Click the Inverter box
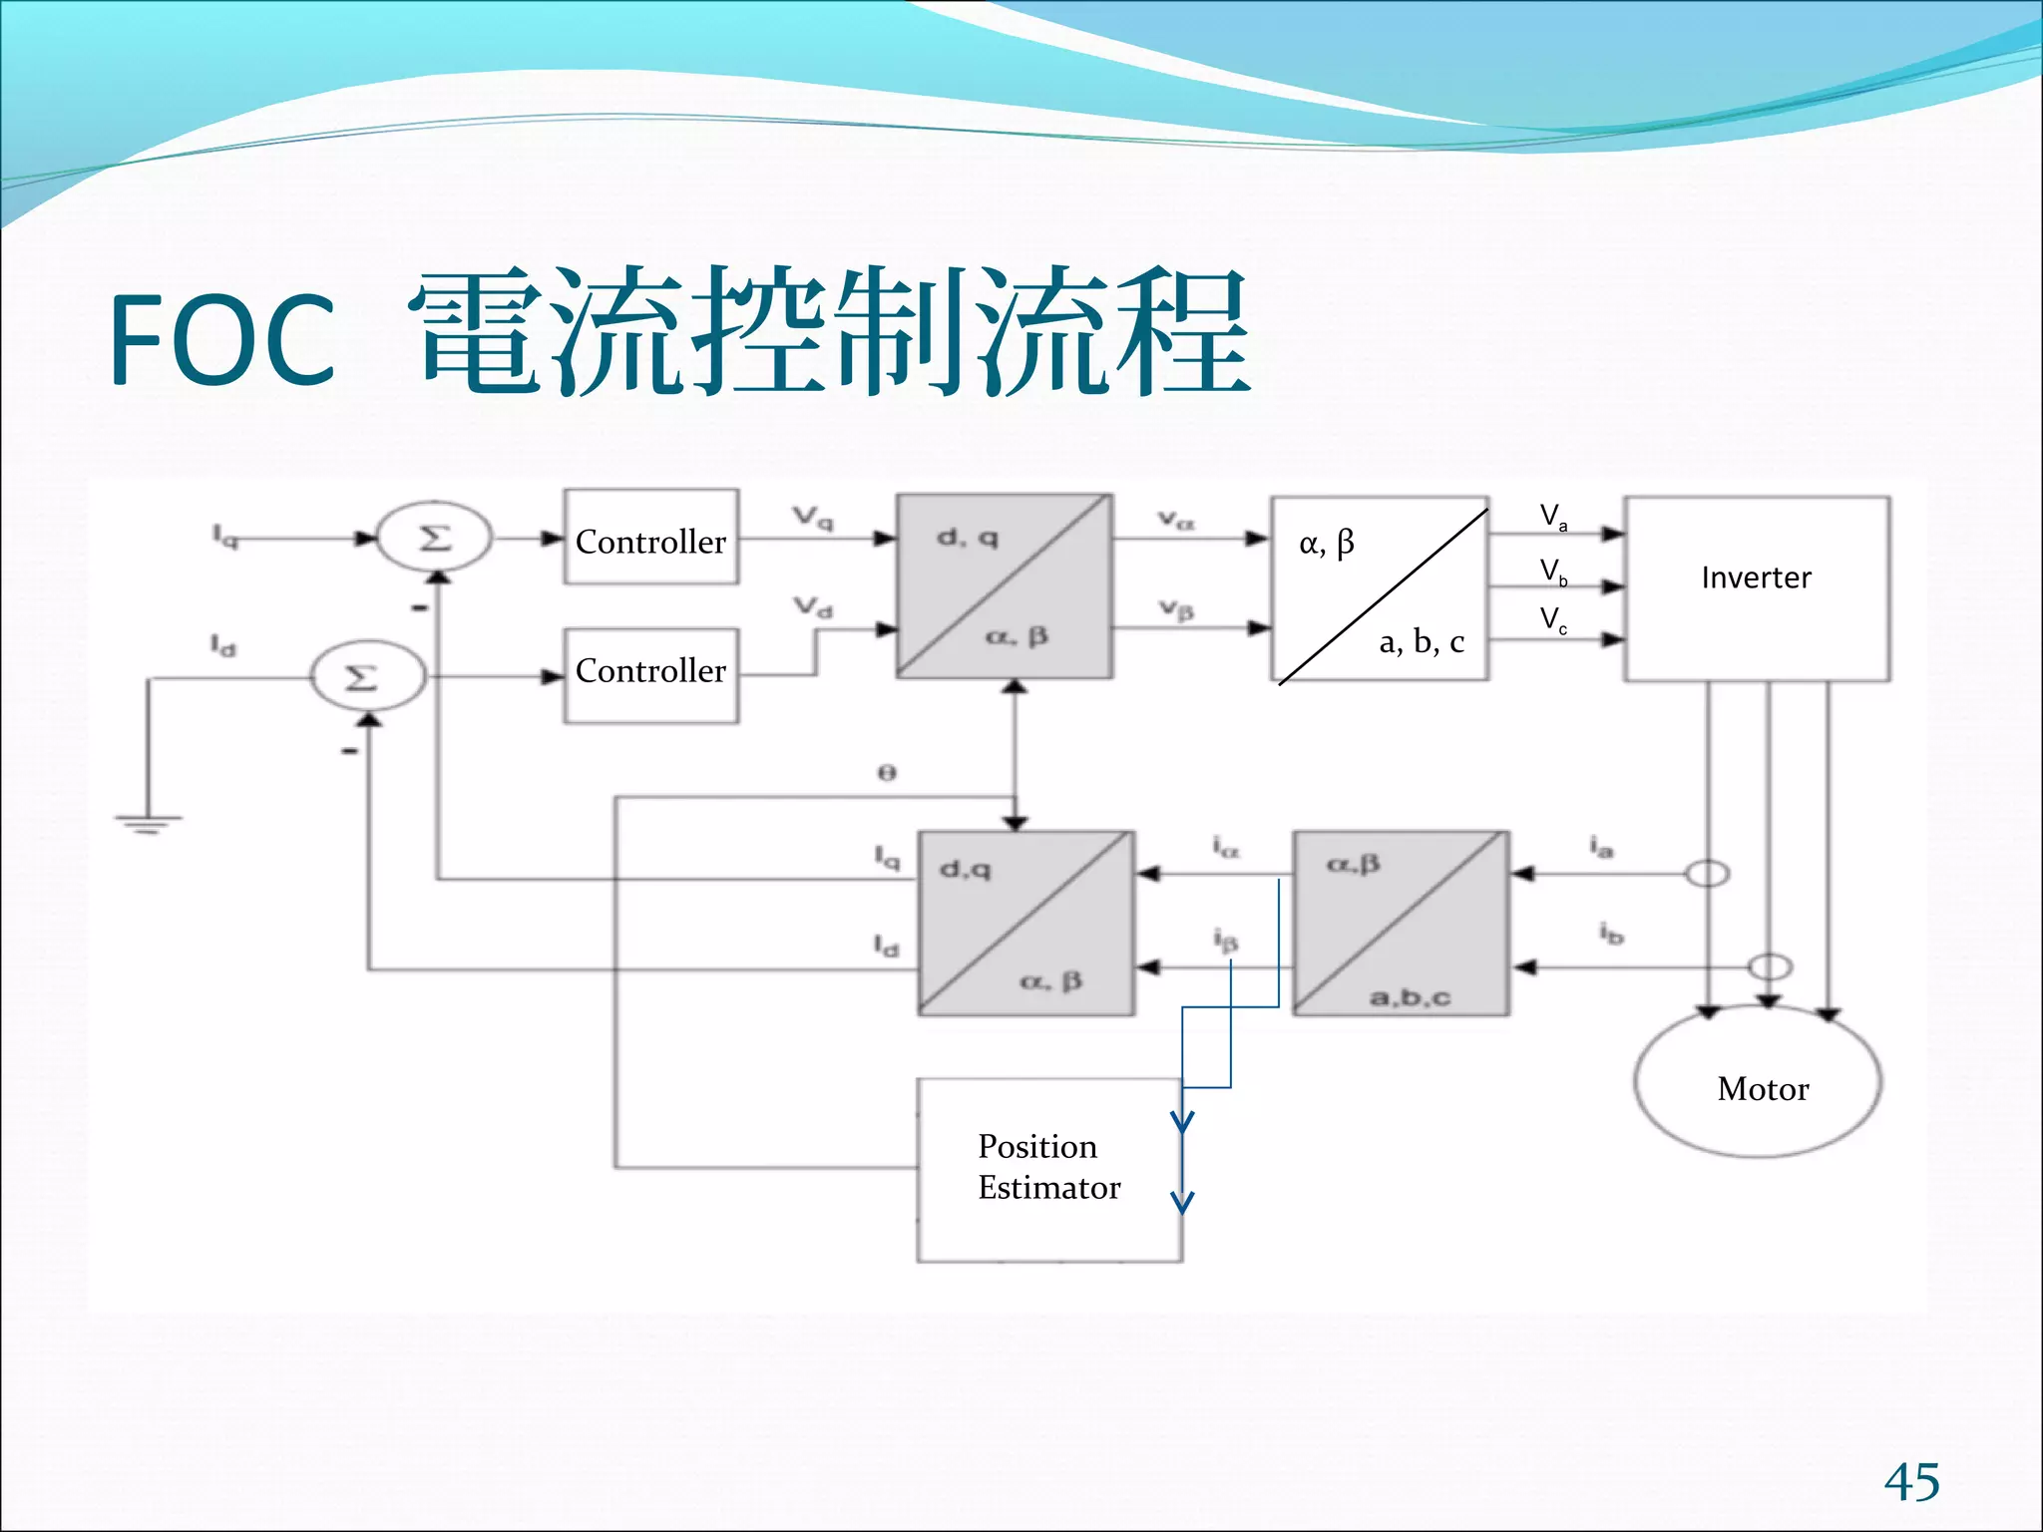[x=1756, y=588]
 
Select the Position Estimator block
[x=1047, y=1169]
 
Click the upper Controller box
[x=650, y=539]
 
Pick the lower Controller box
[x=650, y=673]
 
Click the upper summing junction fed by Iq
[x=434, y=538]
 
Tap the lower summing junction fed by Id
[x=367, y=677]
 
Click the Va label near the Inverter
[x=1552, y=517]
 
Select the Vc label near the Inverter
[x=1552, y=620]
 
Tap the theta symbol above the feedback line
[x=886, y=773]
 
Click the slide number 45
[x=1910, y=1482]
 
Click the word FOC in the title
[x=221, y=339]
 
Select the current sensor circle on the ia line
[x=1707, y=874]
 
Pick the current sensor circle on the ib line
[x=1770, y=966]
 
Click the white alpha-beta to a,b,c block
[x=1380, y=588]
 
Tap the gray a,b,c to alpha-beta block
[x=1401, y=923]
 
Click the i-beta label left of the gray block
[x=1225, y=940]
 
